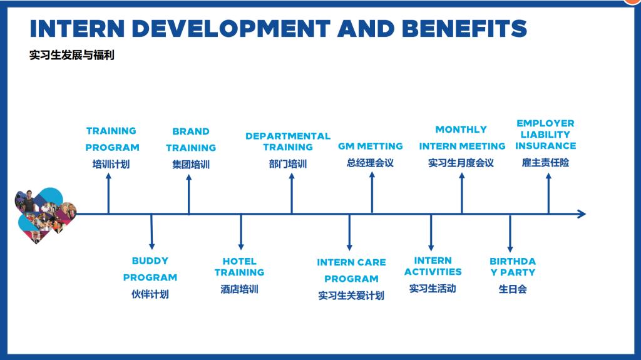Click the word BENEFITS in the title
[464, 29]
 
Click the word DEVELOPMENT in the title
[231, 29]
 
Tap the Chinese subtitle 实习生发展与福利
[72, 55]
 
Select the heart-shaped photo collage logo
[45, 215]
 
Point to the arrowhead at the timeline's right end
[582, 213]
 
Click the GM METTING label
[371, 146]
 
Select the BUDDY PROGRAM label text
[150, 269]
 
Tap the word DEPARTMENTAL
[288, 136]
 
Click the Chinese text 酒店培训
[240, 289]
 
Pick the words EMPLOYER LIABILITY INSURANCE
[545, 134]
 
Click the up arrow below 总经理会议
[372, 192]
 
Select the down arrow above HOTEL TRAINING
[241, 232]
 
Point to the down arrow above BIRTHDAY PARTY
[510, 233]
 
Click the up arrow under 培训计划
[108, 193]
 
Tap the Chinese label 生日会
[513, 289]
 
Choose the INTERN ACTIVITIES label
[433, 266]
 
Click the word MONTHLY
[461, 129]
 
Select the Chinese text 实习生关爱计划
[351, 296]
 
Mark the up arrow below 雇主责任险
[548, 193]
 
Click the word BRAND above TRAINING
[191, 131]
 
